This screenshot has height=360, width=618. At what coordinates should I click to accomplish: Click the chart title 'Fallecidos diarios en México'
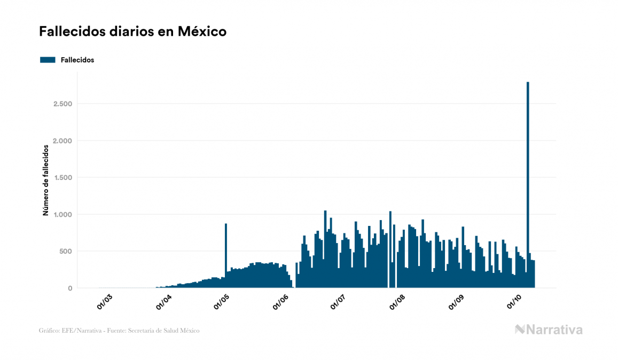[x=132, y=32]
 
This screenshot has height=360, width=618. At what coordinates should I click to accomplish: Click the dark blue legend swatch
[x=48, y=60]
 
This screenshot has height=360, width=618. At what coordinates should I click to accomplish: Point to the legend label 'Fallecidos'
[x=77, y=60]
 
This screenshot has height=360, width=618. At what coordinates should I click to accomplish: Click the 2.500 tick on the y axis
[x=62, y=104]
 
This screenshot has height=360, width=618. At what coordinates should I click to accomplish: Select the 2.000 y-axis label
[x=62, y=140]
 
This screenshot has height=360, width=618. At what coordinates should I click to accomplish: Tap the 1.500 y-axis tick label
[x=62, y=177]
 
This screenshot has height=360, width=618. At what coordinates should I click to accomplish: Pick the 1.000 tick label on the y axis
[x=62, y=214]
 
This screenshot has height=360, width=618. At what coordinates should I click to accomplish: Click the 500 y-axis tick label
[x=66, y=251]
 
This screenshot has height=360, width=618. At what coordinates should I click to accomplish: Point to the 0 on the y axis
[x=69, y=288]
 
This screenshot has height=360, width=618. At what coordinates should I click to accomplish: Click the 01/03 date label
[x=105, y=302]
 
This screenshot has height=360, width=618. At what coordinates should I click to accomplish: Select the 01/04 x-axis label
[x=163, y=302]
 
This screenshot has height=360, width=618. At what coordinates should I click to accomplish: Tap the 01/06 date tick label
[x=281, y=302]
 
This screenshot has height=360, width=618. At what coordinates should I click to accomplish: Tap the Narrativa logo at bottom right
[x=549, y=330]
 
